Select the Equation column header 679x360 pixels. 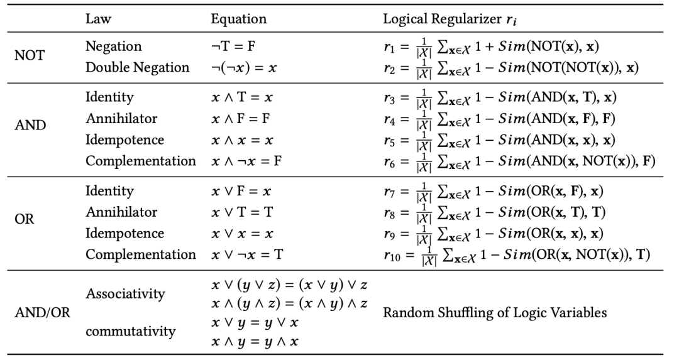tap(238, 19)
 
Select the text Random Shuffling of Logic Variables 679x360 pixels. tap(495, 313)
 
